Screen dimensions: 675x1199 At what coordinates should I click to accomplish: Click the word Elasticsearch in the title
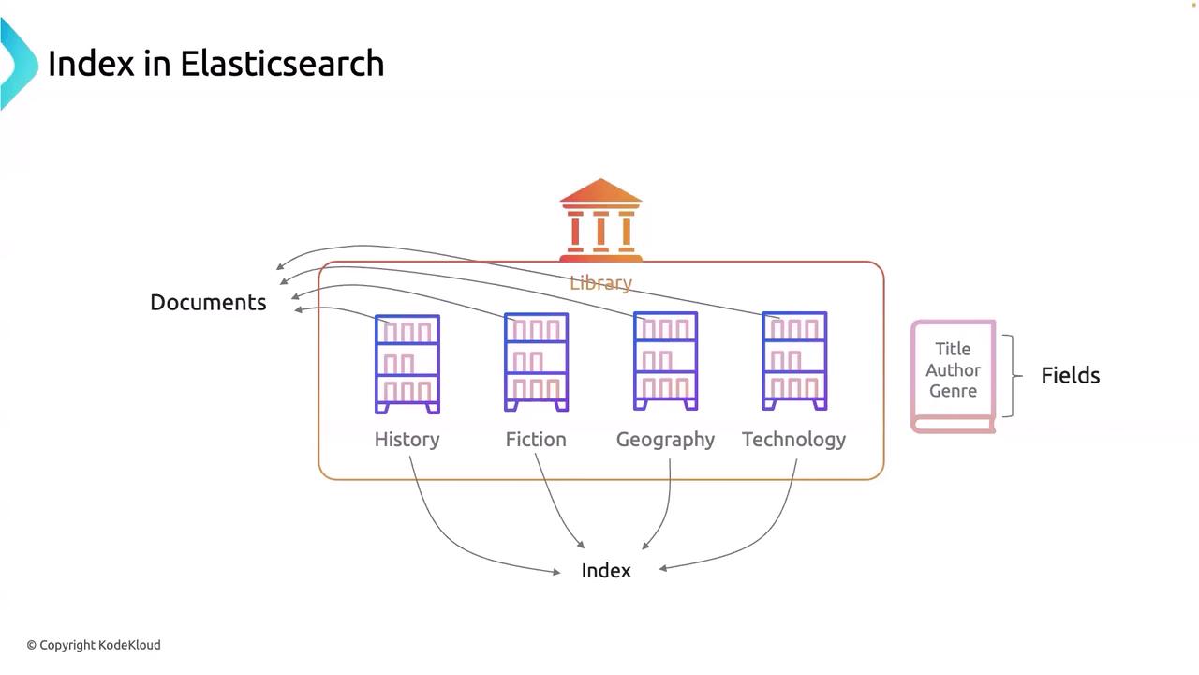[x=282, y=64]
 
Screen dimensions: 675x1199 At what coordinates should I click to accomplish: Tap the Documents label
[x=208, y=302]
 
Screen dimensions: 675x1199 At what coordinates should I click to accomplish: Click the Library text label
[x=600, y=282]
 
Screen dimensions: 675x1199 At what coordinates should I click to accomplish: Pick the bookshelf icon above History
[x=407, y=364]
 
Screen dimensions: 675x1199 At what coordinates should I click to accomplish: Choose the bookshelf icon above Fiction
[x=536, y=362]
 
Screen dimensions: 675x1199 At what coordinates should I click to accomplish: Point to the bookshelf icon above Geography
[x=665, y=361]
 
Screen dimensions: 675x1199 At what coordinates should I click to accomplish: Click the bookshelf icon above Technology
[x=794, y=361]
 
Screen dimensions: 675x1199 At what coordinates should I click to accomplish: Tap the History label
[x=407, y=439]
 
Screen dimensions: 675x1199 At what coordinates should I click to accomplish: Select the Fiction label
[x=536, y=439]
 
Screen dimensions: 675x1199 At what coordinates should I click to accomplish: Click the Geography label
[x=665, y=439]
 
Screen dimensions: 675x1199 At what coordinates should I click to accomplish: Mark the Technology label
[x=793, y=439]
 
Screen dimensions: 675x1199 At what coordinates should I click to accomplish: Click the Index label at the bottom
[x=606, y=570]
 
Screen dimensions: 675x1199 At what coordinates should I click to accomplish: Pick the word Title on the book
[x=953, y=349]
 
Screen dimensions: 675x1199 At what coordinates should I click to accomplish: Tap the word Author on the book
[x=953, y=369]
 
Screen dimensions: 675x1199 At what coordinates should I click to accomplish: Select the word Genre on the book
[x=953, y=390]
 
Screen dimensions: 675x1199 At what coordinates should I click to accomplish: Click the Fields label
[x=1070, y=375]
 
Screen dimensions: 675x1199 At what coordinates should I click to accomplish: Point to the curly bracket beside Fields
[x=1011, y=375]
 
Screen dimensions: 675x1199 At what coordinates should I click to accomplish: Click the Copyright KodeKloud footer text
[x=94, y=645]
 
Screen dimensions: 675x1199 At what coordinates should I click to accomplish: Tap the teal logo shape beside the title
[x=17, y=64]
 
